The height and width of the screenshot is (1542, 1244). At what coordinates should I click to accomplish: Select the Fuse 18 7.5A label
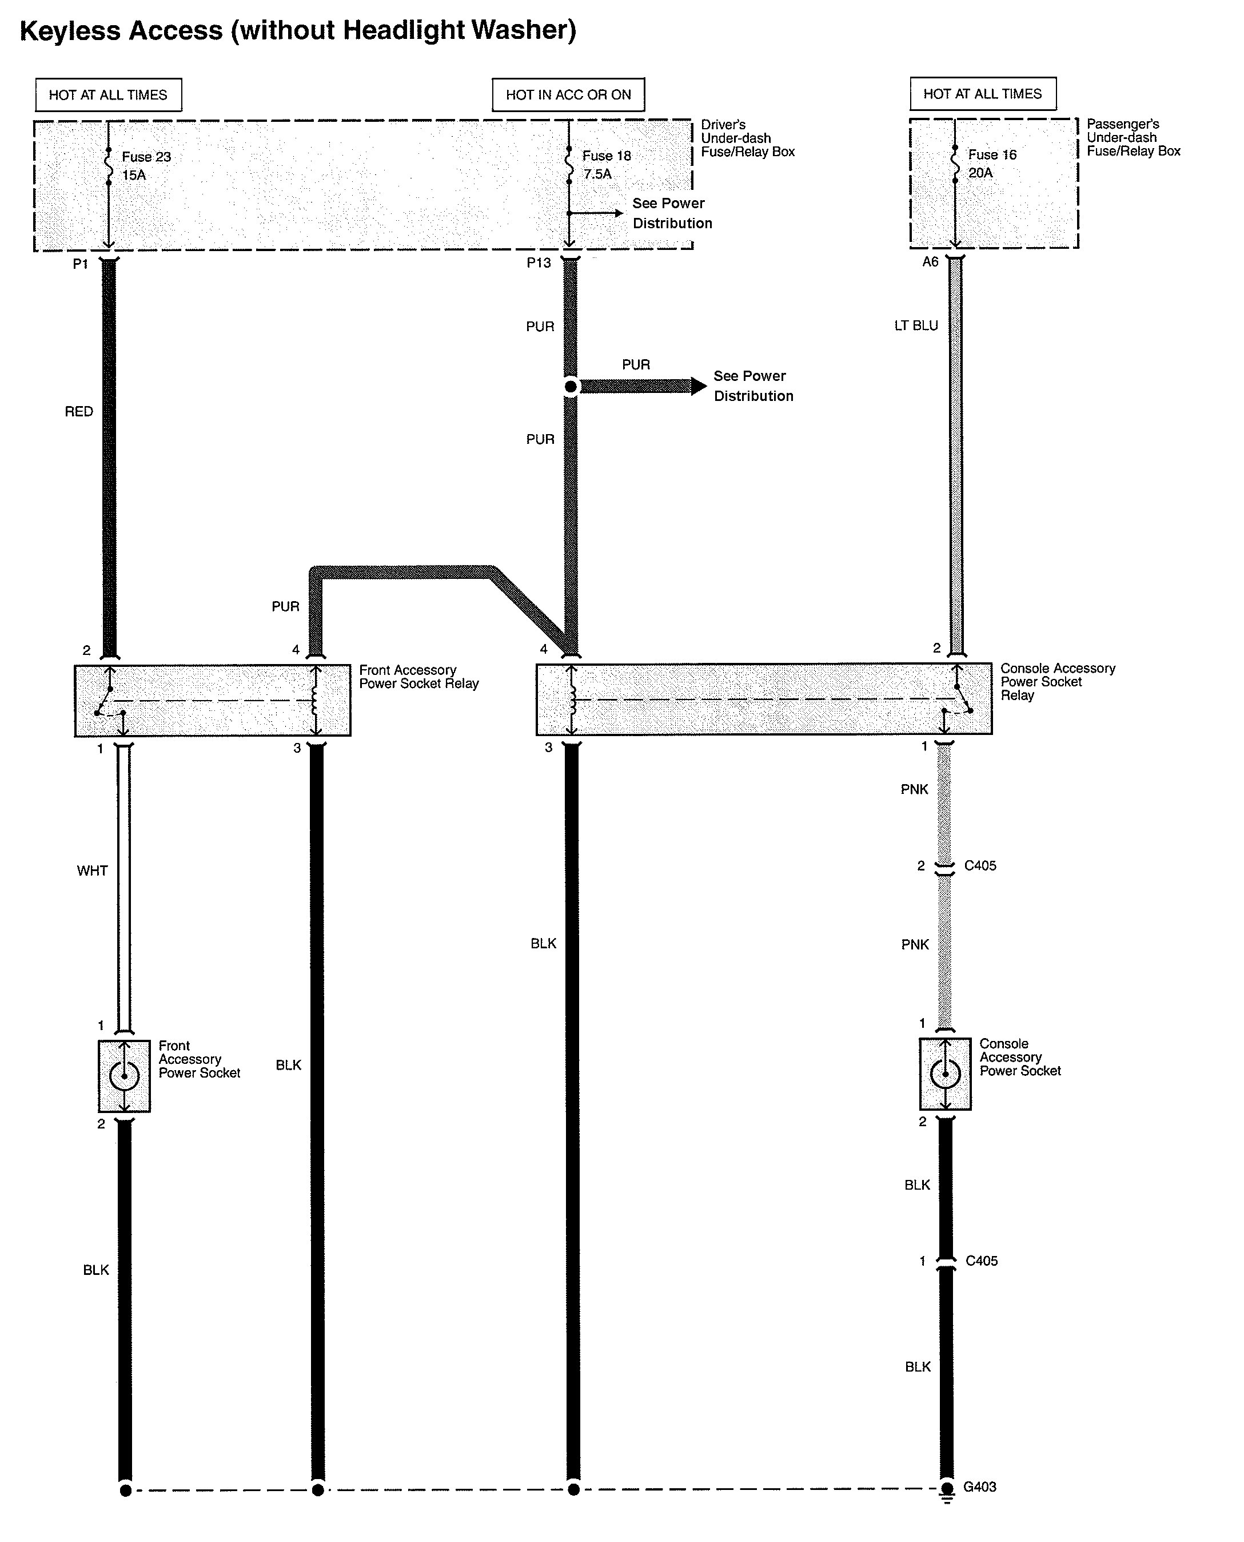[605, 165]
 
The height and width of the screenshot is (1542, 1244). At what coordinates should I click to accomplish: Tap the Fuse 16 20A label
[991, 164]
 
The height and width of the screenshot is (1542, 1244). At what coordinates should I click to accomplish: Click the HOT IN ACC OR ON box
[568, 94]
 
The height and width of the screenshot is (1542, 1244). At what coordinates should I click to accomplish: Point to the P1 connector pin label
[80, 264]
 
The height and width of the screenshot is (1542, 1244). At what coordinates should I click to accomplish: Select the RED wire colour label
[79, 411]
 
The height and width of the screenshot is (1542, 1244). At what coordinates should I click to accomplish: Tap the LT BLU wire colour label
[915, 325]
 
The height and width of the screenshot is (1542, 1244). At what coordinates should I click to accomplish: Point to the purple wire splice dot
[571, 387]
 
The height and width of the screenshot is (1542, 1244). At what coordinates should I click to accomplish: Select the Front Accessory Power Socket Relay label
[418, 677]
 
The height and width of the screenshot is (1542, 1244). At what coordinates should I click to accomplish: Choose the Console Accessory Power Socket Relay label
[1057, 681]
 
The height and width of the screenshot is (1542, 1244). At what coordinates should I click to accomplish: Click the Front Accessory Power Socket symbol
[124, 1075]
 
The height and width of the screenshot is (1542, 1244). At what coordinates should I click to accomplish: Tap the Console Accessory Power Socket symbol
[944, 1073]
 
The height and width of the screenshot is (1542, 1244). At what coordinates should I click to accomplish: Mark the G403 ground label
[979, 1487]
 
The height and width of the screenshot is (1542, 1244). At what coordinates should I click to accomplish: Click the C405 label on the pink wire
[979, 866]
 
